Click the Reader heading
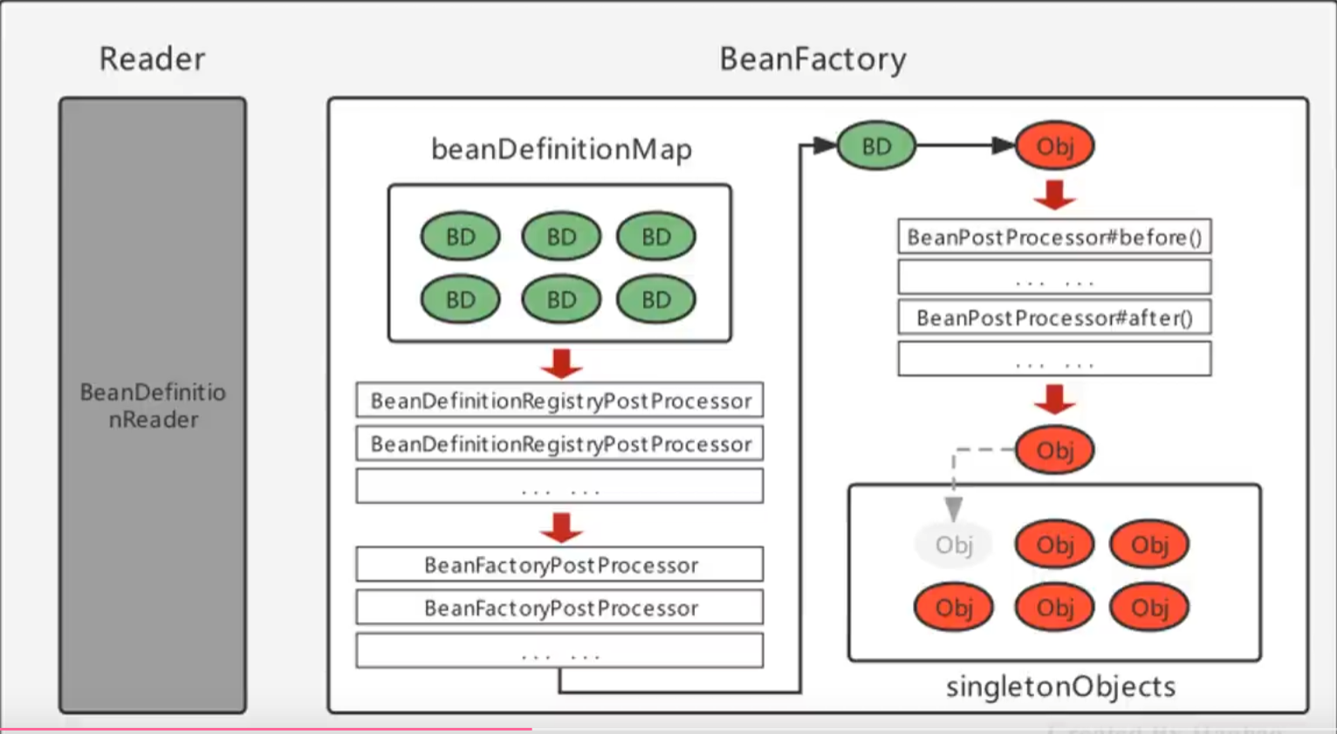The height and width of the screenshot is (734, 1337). pyautogui.click(x=153, y=59)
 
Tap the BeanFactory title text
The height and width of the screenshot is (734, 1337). pyautogui.click(x=812, y=59)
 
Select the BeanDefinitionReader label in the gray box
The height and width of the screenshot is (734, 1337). pyautogui.click(x=153, y=406)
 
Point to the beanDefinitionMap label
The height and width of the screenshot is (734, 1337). pyautogui.click(x=561, y=149)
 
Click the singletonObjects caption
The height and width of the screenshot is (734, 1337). pyautogui.click(x=1060, y=687)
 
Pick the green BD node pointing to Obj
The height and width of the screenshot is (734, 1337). pyautogui.click(x=876, y=146)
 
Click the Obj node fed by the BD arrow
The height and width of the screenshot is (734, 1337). pyautogui.click(x=1054, y=146)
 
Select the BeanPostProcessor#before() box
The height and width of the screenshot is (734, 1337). pyautogui.click(x=1054, y=237)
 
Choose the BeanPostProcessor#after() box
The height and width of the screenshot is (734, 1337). pyautogui.click(x=1054, y=318)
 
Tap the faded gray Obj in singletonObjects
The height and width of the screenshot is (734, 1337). pyautogui.click(x=953, y=545)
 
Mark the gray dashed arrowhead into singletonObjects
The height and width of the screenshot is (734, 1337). pyautogui.click(x=954, y=509)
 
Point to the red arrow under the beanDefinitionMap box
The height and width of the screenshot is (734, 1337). pyautogui.click(x=561, y=362)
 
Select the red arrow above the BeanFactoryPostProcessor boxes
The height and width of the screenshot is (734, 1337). pyautogui.click(x=561, y=526)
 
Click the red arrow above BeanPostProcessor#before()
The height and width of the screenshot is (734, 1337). pyautogui.click(x=1054, y=194)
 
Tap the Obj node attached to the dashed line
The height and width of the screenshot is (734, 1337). pyautogui.click(x=1054, y=450)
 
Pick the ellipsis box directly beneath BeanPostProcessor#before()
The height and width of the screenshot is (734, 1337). pyautogui.click(x=1054, y=278)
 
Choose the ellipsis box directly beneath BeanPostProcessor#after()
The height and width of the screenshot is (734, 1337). pyautogui.click(x=1054, y=359)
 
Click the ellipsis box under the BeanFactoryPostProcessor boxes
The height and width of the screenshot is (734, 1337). pyautogui.click(x=559, y=650)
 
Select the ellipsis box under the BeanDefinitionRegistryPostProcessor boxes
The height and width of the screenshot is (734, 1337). pyautogui.click(x=559, y=486)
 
